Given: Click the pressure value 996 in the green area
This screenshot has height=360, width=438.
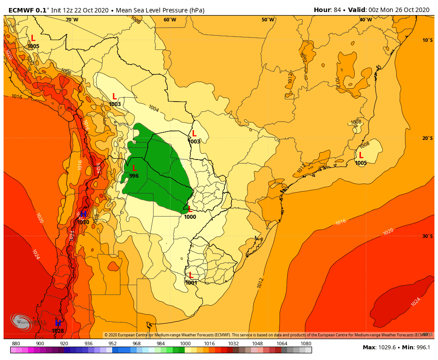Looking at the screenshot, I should pos(134,176).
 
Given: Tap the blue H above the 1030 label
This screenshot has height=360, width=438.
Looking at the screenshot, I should pos(83,214).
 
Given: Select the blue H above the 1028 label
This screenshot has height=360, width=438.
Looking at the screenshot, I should pos(58,323).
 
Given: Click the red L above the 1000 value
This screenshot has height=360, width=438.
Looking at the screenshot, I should pos(190,209).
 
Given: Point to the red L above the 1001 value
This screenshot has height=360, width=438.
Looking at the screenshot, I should pos(191,275).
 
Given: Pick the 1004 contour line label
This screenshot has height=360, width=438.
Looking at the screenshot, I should pos(154,108).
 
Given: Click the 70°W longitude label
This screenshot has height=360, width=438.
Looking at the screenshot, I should pos(72,20).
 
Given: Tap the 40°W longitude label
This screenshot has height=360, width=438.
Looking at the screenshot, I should pos(365,20).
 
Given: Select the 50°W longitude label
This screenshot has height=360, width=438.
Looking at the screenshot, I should pos(268,20).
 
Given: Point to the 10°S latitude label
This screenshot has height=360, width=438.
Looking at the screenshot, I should pos(427,40).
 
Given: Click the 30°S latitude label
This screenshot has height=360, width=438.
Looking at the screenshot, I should pos(427,236).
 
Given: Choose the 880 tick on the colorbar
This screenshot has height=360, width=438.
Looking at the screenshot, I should pos(16,344).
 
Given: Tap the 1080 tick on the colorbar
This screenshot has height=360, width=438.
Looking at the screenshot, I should pos(306,344).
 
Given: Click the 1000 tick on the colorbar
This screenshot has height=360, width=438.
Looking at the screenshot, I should pos(185,344).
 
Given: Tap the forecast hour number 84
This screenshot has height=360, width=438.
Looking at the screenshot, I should pos(337,10).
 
